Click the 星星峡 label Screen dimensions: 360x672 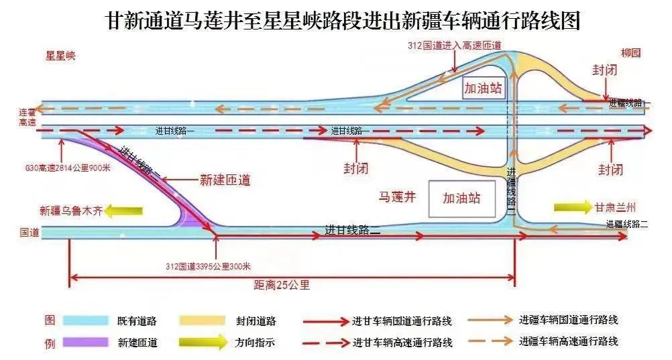click(60, 56)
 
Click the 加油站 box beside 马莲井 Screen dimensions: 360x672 click(461, 198)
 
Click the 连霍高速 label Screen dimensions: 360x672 click(27, 117)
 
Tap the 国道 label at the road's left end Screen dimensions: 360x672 click(30, 233)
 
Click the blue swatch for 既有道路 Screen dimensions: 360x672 click(86, 321)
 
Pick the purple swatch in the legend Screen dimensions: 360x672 click(86, 343)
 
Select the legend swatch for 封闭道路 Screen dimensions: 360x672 click(202, 321)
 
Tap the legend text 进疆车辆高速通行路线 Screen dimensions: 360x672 click(568, 341)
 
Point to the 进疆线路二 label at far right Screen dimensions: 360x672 click(627, 225)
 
